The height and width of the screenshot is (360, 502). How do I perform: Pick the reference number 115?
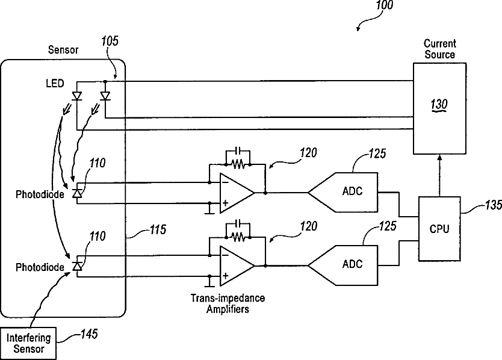point(158,230)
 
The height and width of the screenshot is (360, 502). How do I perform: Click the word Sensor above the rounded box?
point(63,50)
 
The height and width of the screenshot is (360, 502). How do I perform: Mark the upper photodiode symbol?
point(77,193)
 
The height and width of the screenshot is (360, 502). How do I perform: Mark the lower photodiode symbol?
point(77,265)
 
